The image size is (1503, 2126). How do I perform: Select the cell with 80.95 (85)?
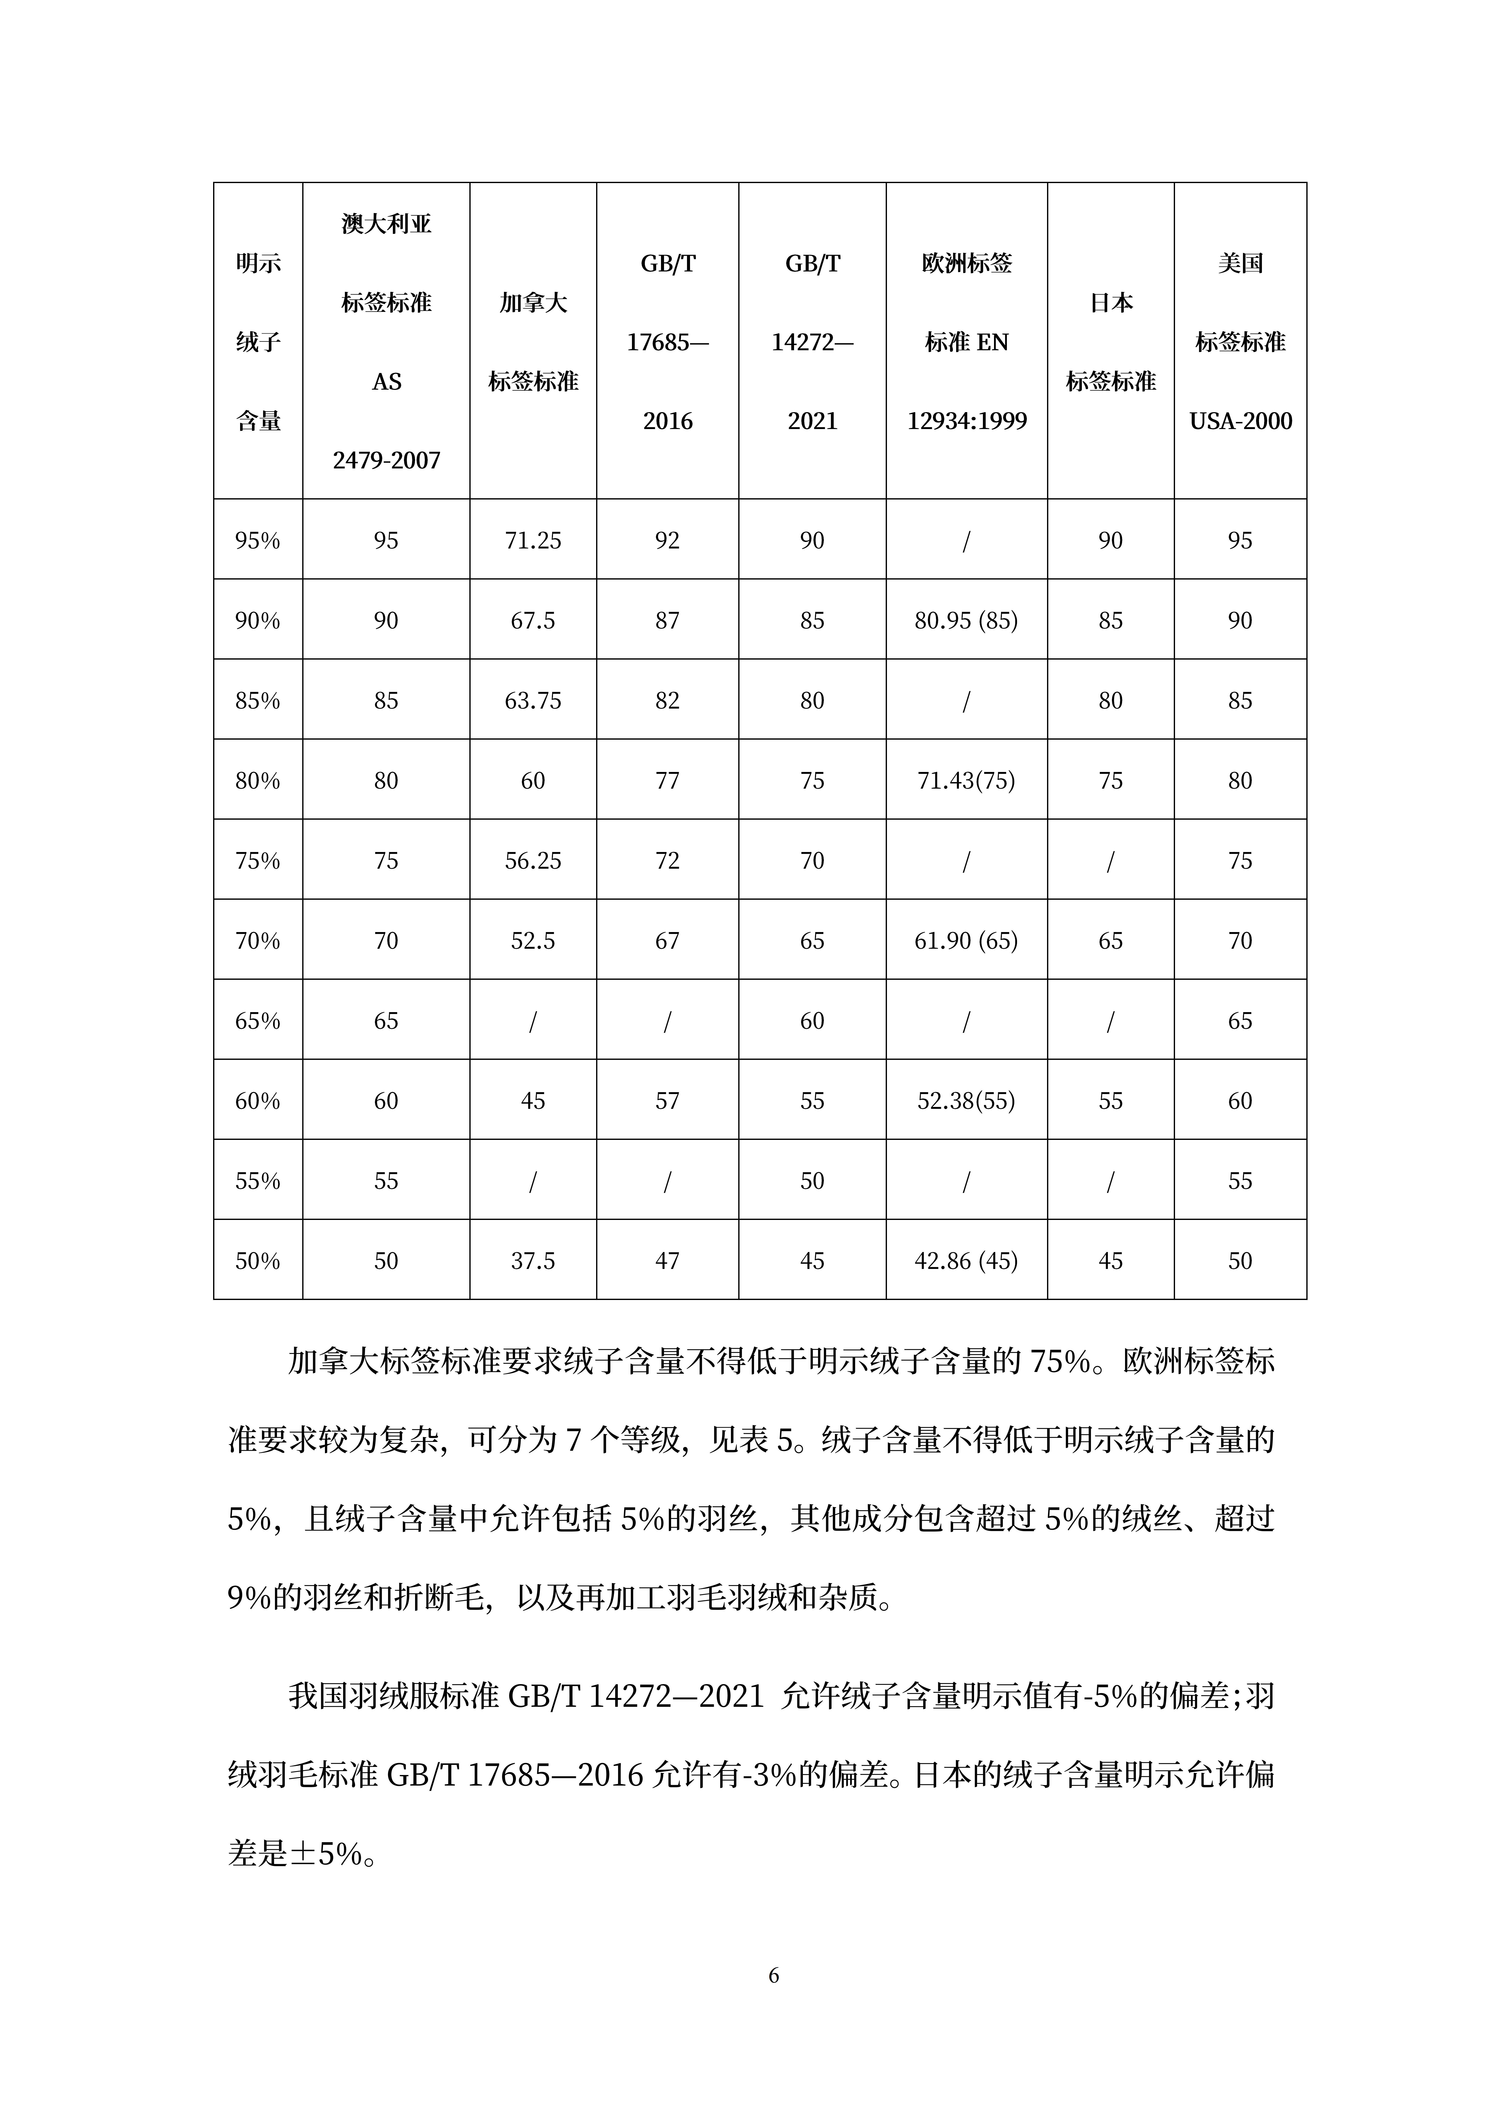coord(966,620)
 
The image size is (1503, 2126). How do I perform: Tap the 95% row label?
coord(258,541)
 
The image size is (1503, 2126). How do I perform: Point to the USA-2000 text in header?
coord(1240,421)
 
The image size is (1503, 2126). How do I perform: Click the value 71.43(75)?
coord(966,781)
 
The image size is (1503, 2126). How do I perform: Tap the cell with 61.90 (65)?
coord(966,941)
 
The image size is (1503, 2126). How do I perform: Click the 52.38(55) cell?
coord(966,1101)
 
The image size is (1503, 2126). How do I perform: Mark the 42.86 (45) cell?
coord(966,1261)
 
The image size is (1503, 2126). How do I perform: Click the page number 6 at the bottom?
coord(774,1976)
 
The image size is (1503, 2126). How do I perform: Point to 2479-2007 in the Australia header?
coord(386,460)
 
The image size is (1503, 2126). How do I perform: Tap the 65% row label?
coord(258,1021)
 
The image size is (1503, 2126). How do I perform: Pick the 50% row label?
coord(258,1261)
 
